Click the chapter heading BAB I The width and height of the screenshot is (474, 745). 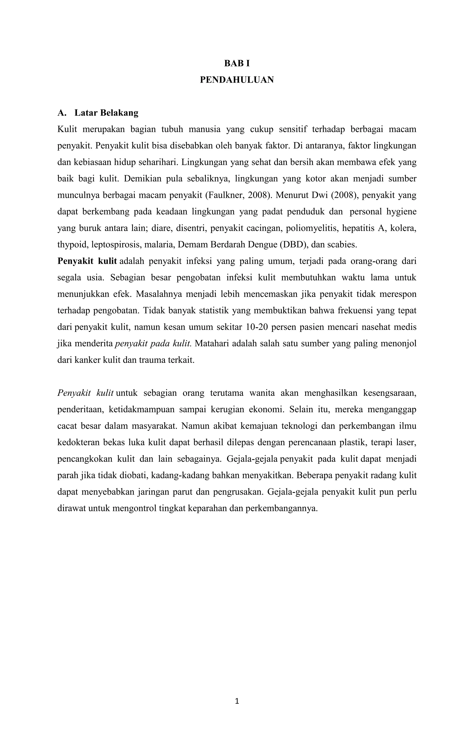pyautogui.click(x=237, y=63)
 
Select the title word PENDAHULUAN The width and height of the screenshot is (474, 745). pyautogui.click(x=237, y=80)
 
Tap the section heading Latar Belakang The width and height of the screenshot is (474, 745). pyautogui.click(x=106, y=113)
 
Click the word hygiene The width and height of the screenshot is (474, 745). pyautogui.click(x=401, y=212)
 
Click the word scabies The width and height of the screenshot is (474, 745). pyautogui.click(x=342, y=245)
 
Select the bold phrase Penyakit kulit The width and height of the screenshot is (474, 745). pyautogui.click(x=87, y=261)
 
